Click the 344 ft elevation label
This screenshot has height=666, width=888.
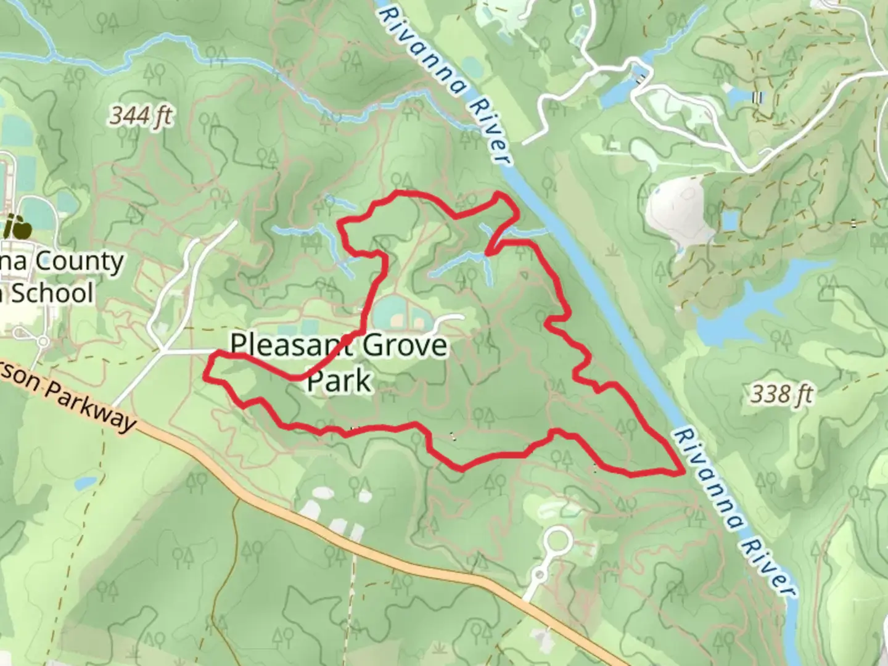141,115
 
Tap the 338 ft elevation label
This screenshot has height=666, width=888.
781,393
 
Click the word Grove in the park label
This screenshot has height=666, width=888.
405,345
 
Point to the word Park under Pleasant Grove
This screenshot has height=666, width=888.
339,380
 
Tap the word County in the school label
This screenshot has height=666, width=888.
79,261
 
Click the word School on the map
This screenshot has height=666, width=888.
53,294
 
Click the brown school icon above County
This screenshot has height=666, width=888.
17,228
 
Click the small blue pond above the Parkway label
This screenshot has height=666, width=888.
86,483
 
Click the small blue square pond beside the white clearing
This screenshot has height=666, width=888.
730,220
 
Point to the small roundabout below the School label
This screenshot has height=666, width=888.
43,341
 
